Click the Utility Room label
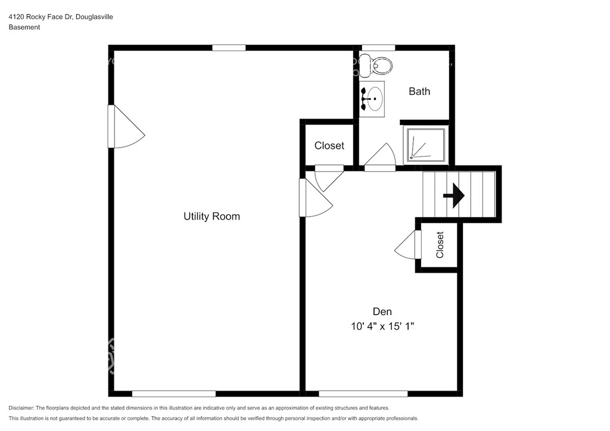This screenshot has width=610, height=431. (211, 217)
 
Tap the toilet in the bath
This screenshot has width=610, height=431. (375, 65)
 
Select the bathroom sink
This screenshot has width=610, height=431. (372, 99)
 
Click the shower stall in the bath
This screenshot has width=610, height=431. (426, 145)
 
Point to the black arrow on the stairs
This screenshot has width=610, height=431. (453, 195)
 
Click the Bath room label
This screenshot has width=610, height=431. (419, 91)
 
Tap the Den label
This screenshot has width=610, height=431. (382, 312)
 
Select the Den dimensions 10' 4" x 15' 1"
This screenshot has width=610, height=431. (382, 326)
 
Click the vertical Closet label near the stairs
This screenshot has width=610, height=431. (440, 245)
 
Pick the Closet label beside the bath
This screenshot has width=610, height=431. (329, 146)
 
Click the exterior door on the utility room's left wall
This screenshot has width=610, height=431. (126, 127)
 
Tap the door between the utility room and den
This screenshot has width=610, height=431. (316, 198)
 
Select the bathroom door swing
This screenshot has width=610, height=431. (380, 157)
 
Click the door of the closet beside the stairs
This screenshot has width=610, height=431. (407, 245)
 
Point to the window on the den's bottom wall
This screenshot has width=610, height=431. (363, 393)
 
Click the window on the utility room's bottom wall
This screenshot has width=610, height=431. (173, 393)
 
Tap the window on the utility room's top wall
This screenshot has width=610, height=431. (229, 48)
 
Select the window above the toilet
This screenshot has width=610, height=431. (378, 48)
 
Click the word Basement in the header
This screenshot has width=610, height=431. (24, 27)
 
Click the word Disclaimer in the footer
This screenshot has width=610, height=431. (21, 408)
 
